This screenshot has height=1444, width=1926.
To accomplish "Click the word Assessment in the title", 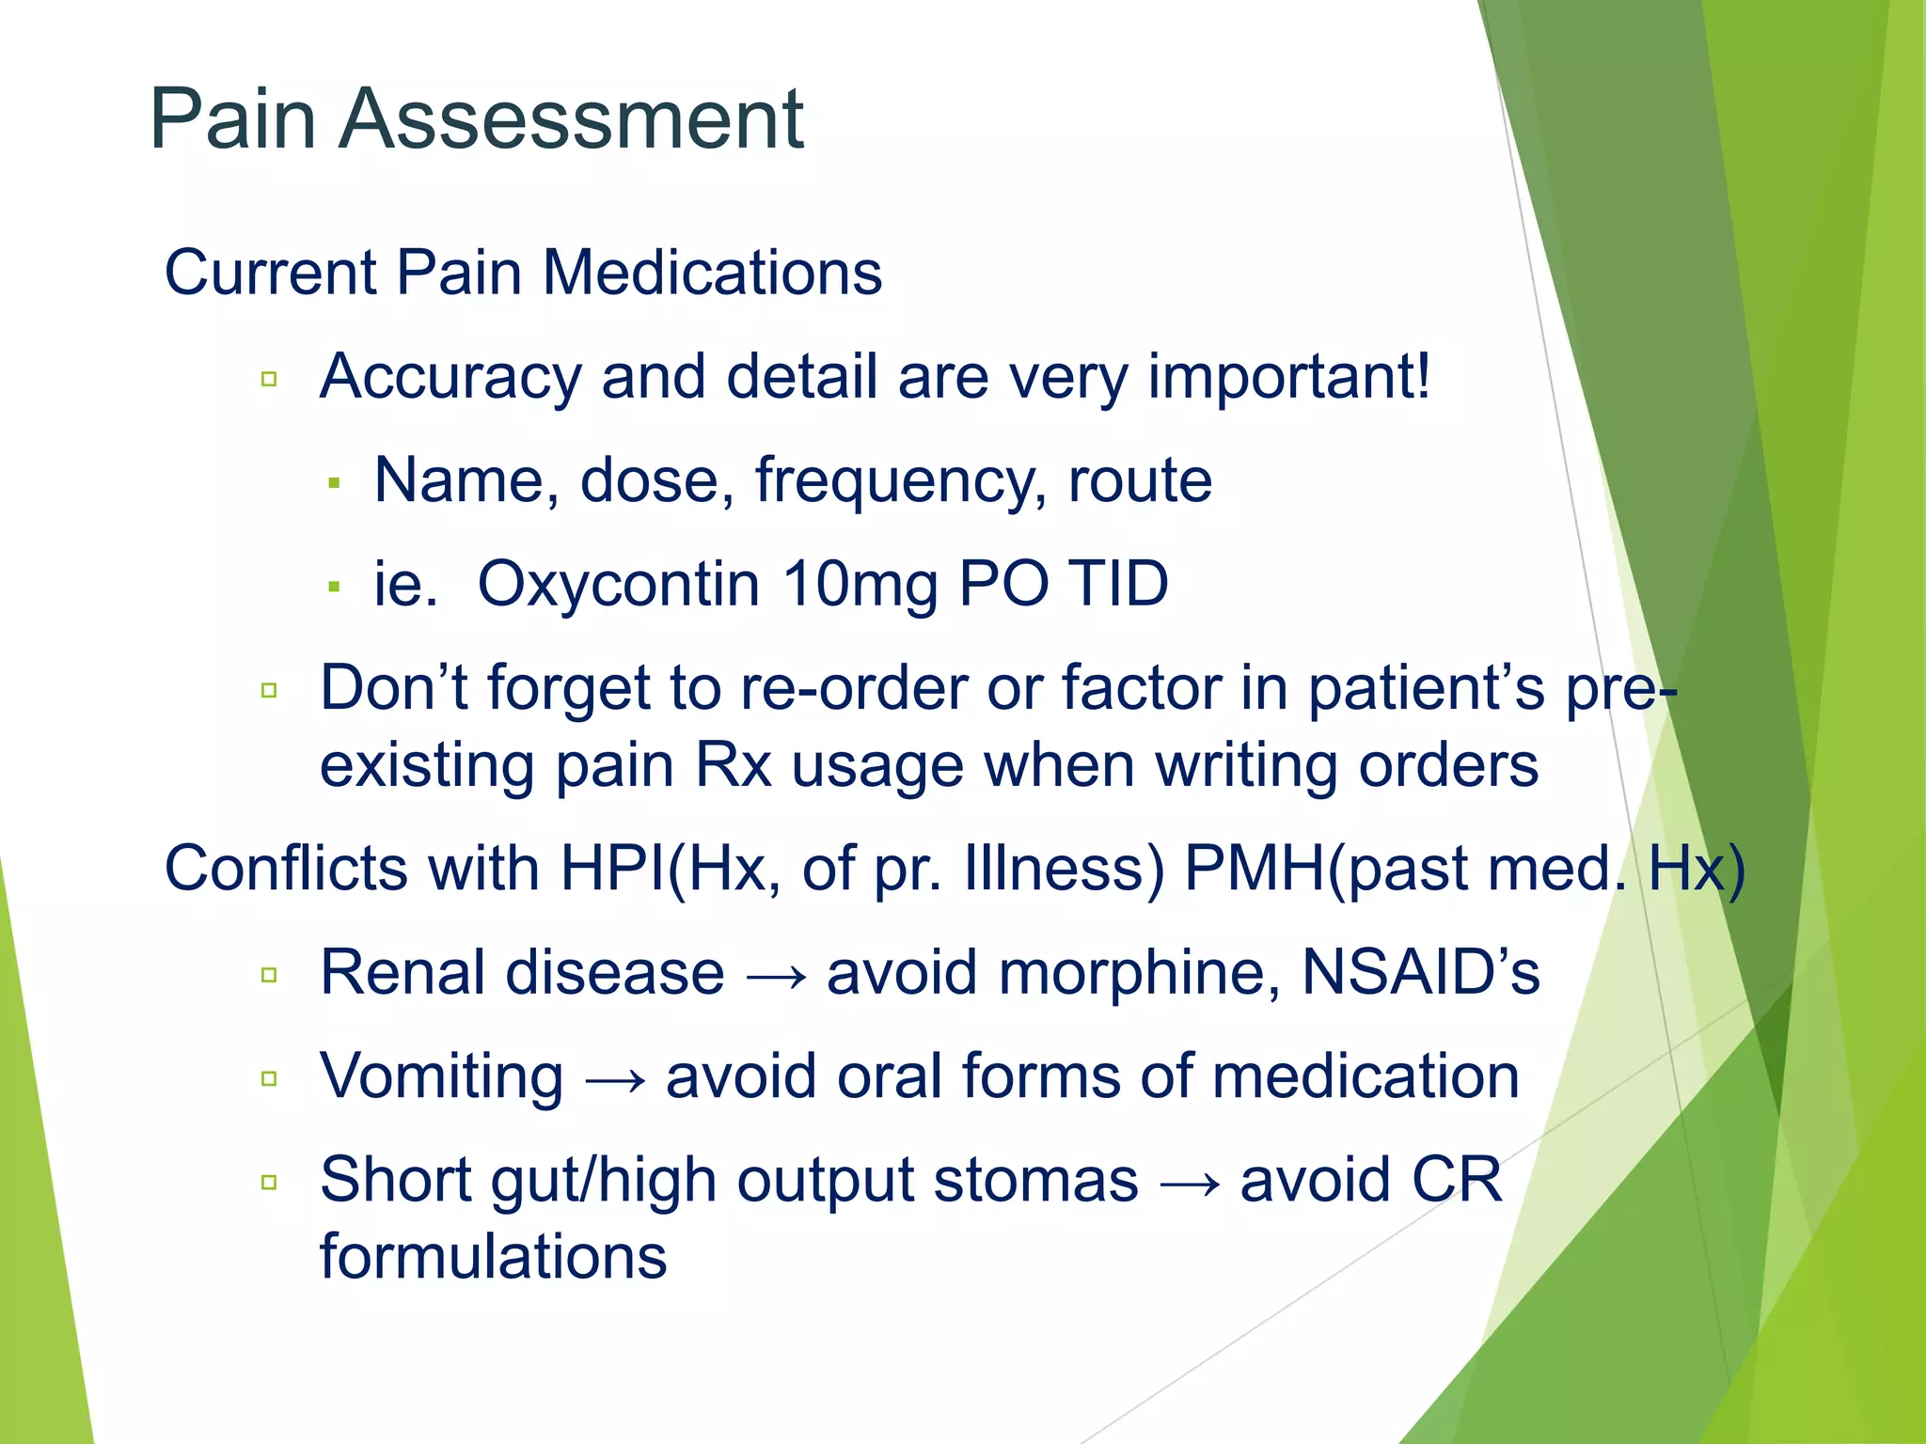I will coord(571,119).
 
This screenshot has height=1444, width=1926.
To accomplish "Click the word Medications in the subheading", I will coord(712,273).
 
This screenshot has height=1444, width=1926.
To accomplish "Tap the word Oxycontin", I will coord(618,584).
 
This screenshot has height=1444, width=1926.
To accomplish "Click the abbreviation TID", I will coord(1118,584).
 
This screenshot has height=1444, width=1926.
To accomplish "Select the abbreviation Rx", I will coord(733,765).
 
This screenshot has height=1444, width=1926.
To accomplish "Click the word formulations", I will coord(493,1258).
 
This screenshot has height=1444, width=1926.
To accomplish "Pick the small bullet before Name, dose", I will coord(333,484).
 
